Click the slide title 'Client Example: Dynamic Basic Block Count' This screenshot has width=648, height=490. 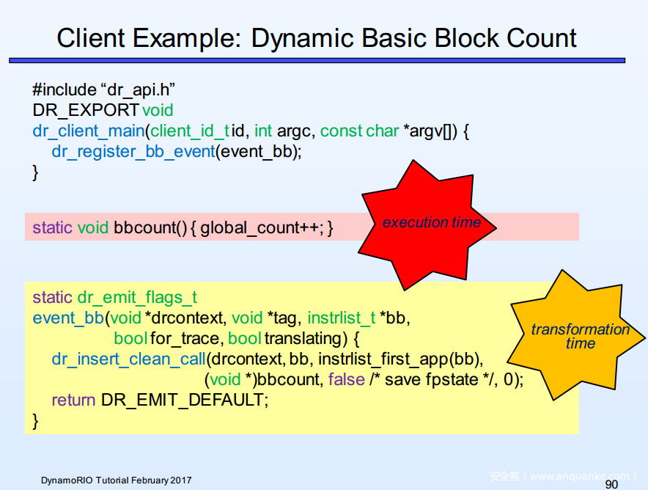[317, 38]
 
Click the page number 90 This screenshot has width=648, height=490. [611, 484]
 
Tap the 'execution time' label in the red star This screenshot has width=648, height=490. [431, 222]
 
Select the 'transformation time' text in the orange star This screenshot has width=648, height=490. [580, 336]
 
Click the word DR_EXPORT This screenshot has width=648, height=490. [86, 110]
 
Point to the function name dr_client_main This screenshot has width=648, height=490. [88, 131]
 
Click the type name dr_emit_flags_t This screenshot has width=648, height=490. [137, 297]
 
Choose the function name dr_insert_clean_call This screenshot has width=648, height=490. [128, 359]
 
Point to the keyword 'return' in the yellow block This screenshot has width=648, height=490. [73, 400]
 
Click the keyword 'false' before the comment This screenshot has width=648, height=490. [347, 379]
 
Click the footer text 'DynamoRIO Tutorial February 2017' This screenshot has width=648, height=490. [116, 480]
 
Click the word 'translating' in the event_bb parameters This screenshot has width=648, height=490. [303, 338]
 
